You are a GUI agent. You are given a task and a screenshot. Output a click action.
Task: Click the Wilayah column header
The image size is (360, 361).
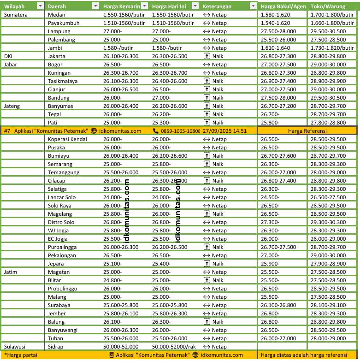(x=15, y=6)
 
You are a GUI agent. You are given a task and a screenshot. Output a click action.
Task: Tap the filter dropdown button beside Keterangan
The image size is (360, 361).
(x=253, y=6)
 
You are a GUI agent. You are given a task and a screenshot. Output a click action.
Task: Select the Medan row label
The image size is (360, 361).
(x=56, y=14)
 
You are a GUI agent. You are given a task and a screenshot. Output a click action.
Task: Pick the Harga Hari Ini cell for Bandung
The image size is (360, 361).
(x=161, y=97)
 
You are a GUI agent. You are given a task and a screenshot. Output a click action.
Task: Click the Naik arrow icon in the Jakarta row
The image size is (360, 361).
(x=207, y=56)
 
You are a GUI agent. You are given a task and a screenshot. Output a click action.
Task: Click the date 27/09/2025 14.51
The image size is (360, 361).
(x=225, y=130)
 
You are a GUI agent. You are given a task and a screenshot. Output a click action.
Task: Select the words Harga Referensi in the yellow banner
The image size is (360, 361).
(x=307, y=130)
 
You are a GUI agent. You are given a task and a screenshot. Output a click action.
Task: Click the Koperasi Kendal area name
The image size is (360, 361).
(x=67, y=139)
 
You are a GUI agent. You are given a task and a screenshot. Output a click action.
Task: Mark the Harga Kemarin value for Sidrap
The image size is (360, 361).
(x=121, y=346)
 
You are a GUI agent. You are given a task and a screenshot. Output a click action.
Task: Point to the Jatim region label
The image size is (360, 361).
(x=11, y=272)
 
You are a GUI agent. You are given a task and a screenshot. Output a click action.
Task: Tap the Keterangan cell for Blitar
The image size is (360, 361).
(x=215, y=280)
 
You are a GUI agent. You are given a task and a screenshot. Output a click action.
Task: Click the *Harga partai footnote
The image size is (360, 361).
(x=21, y=355)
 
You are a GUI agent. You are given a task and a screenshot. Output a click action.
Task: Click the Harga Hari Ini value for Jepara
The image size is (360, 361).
(x=161, y=263)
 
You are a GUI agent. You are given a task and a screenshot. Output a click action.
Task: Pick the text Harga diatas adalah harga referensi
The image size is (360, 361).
(x=304, y=355)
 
